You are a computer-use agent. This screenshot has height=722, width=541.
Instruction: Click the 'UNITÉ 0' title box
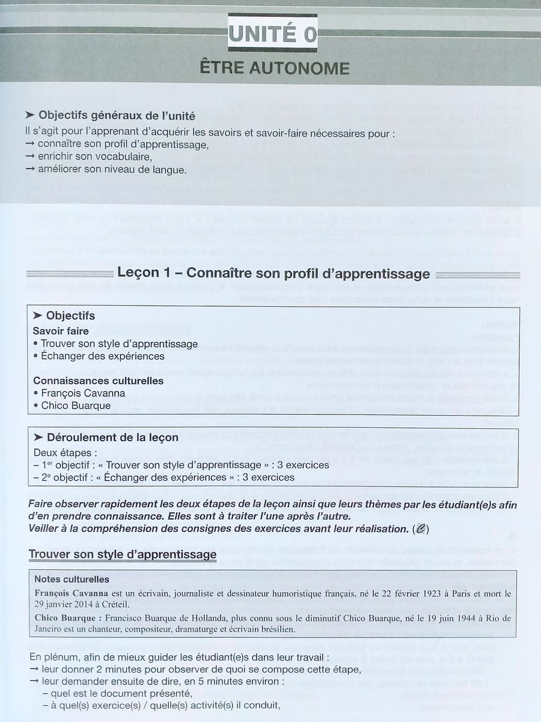coord(272,34)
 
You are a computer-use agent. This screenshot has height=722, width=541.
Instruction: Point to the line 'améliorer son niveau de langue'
coord(111,170)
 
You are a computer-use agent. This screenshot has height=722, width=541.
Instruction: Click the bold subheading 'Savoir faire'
coord(61,331)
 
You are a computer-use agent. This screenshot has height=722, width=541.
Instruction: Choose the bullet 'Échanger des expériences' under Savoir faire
coord(102,356)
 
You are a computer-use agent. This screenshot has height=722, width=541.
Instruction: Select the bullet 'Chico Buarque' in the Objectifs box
coord(76,406)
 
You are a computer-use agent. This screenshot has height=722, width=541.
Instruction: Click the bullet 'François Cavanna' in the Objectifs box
coord(83,393)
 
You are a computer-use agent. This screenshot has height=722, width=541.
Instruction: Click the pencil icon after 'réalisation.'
coord(421,529)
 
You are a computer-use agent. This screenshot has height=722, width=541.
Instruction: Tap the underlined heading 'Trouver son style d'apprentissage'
coord(123,554)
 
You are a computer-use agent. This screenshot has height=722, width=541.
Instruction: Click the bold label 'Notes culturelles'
coord(72,579)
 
